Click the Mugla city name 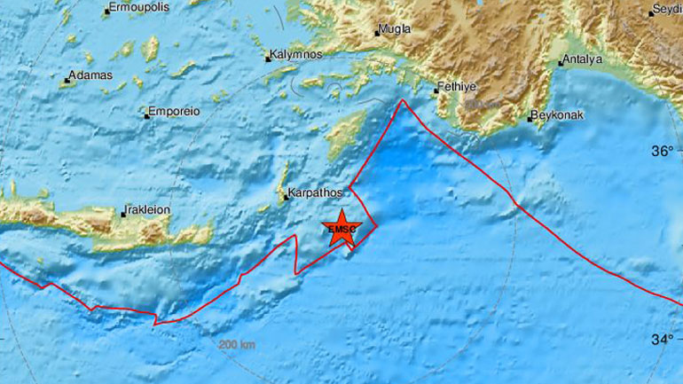(x=395, y=29)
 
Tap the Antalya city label (x=584, y=59)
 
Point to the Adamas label (x=91, y=75)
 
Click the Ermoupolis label (x=137, y=10)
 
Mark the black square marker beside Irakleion (x=123, y=213)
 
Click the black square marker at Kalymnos (x=268, y=59)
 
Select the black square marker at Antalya (x=561, y=62)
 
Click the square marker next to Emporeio (x=146, y=114)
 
